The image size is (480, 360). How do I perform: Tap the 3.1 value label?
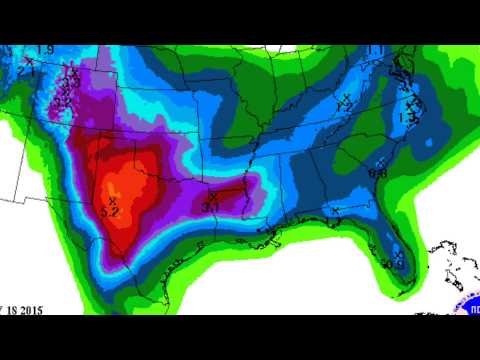211,207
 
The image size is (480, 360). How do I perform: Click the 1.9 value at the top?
44,50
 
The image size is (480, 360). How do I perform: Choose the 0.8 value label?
378,173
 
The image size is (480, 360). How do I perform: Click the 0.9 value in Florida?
392,265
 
